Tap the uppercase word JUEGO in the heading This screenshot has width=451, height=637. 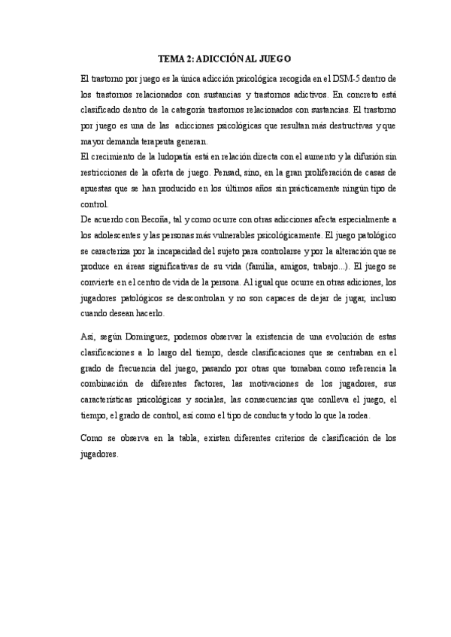click(274, 58)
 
